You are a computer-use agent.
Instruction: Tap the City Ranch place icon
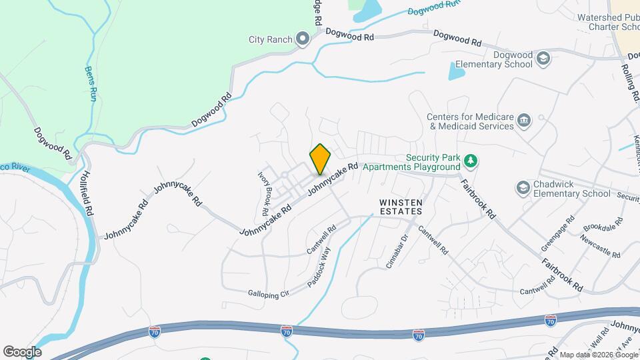(303, 39)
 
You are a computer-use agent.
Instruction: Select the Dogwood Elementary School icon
(543, 59)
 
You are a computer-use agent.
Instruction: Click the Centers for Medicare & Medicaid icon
(524, 121)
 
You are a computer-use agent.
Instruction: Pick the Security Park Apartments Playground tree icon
(471, 161)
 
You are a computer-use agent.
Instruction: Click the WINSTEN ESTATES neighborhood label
(401, 206)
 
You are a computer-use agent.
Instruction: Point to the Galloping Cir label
(268, 293)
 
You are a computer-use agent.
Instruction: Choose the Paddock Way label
(319, 267)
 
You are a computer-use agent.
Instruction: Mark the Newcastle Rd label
(600, 246)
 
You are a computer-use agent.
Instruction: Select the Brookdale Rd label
(604, 228)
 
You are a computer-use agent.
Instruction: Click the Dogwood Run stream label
(434, 9)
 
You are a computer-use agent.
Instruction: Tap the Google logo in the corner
(22, 352)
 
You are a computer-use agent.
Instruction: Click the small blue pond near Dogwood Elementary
(457, 71)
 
